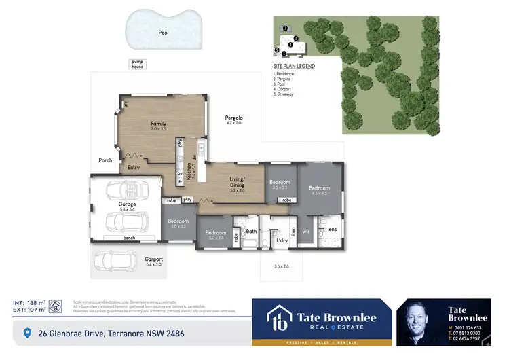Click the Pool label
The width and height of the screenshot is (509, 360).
[x=164, y=32]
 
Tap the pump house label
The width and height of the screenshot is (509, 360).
[x=138, y=64]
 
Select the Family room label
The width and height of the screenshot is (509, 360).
[x=159, y=124]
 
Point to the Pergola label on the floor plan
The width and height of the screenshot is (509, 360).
[x=233, y=119]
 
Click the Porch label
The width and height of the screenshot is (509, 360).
[x=105, y=161]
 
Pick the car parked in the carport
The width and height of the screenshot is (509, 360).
[x=115, y=259]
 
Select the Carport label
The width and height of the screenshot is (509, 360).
[x=154, y=259]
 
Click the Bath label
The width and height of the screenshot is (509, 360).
[x=250, y=231]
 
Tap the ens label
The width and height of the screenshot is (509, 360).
[x=332, y=230]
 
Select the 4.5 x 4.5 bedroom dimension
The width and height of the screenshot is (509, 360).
[x=320, y=194]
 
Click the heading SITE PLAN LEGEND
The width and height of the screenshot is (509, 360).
[x=294, y=66]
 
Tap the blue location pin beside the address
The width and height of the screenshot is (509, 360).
[x=27, y=333]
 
